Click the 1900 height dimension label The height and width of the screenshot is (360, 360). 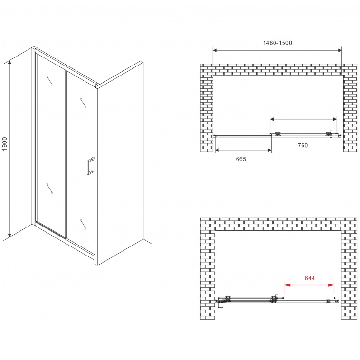(5, 144)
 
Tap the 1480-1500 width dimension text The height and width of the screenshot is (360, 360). (277, 43)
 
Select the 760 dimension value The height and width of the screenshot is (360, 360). (303, 145)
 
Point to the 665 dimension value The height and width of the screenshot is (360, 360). (241, 159)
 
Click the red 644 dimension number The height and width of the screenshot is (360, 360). (310, 278)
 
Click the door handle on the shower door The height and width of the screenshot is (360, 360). (90, 166)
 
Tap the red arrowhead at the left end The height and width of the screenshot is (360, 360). (287, 285)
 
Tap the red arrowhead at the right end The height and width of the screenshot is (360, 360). (331, 285)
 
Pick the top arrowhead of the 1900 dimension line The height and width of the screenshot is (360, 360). (9, 63)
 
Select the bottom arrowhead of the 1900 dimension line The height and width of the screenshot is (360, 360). (9, 234)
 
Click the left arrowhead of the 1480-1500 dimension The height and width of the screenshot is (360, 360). (216, 50)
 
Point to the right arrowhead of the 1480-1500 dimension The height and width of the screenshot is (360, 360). (339, 50)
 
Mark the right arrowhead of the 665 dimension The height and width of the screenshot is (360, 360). (269, 150)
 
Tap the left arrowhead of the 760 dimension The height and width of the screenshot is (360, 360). (273, 119)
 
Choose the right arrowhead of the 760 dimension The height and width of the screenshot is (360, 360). (334, 119)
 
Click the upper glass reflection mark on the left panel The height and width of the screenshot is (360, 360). (49, 80)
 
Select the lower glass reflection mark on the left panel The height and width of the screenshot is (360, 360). (49, 189)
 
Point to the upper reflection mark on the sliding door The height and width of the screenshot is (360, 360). (83, 103)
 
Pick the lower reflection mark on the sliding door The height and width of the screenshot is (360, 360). (83, 224)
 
